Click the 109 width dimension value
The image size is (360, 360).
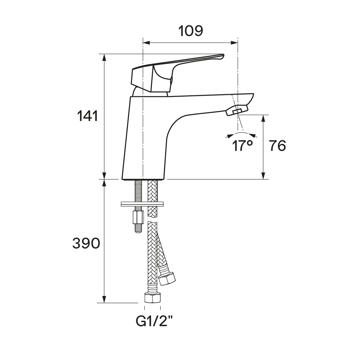point(191,31)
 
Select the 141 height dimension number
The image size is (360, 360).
point(87,116)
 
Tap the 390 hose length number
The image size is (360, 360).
point(86,243)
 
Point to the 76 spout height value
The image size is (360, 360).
point(278,146)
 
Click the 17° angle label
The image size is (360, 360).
point(242,146)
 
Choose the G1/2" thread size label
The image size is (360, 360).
point(154,321)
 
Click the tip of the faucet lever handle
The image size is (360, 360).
point(223,55)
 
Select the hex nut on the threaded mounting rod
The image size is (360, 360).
point(138,217)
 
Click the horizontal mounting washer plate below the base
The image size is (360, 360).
point(142,204)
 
